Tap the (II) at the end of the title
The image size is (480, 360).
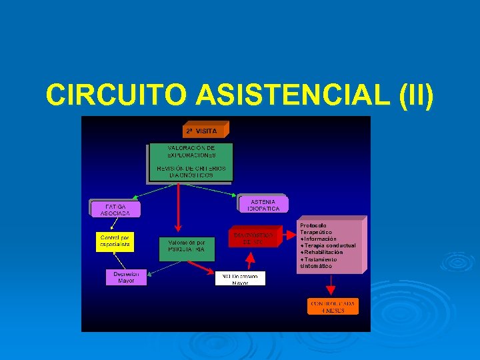click(415, 95)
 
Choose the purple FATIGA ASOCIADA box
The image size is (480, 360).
click(115, 209)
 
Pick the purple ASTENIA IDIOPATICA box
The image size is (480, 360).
click(263, 205)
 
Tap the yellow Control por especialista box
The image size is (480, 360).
click(115, 241)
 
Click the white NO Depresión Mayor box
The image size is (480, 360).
click(240, 278)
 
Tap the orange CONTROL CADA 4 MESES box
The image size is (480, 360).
click(332, 307)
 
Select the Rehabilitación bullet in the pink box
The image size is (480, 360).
click(323, 253)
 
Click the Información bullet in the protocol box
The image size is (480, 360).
click(319, 239)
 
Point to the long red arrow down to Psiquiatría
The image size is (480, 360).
click(178, 207)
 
